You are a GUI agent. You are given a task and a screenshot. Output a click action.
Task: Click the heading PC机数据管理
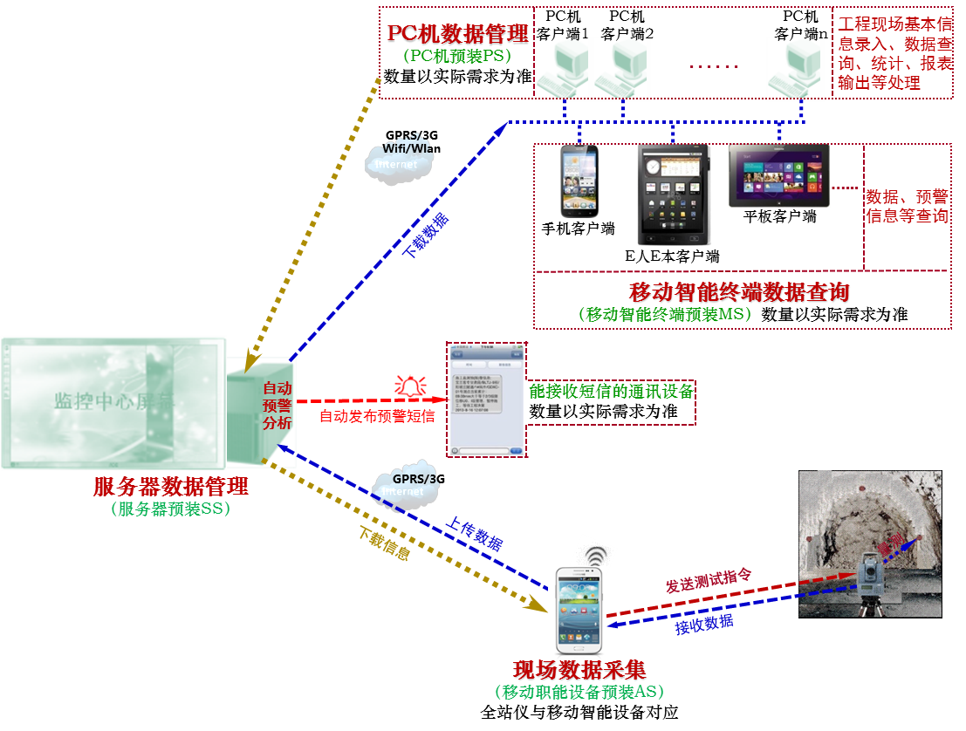pos(458,35)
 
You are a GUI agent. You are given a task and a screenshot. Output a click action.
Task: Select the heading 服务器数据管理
pos(171,487)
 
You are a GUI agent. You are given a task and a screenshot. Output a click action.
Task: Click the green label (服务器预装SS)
pos(171,509)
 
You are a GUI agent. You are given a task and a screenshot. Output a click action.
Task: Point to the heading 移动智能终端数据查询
pos(738,292)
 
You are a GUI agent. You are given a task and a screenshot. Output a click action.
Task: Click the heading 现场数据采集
pos(579,671)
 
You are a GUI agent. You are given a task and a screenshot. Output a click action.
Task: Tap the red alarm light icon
pos(409,385)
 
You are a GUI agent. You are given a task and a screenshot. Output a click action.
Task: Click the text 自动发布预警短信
pos(377,416)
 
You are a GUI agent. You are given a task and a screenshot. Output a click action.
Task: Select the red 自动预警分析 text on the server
pos(277,404)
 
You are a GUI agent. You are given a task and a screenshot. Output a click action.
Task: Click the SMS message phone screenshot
pos(486,399)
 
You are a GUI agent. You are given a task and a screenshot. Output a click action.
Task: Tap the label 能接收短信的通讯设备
pos(611,392)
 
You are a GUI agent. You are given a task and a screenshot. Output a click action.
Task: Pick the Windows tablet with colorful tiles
pos(778,175)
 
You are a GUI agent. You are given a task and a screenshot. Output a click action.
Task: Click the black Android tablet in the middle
pos(674,194)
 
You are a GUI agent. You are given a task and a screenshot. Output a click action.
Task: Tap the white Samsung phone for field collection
pos(577,611)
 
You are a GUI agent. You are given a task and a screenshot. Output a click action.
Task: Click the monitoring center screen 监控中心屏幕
pos(113,402)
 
